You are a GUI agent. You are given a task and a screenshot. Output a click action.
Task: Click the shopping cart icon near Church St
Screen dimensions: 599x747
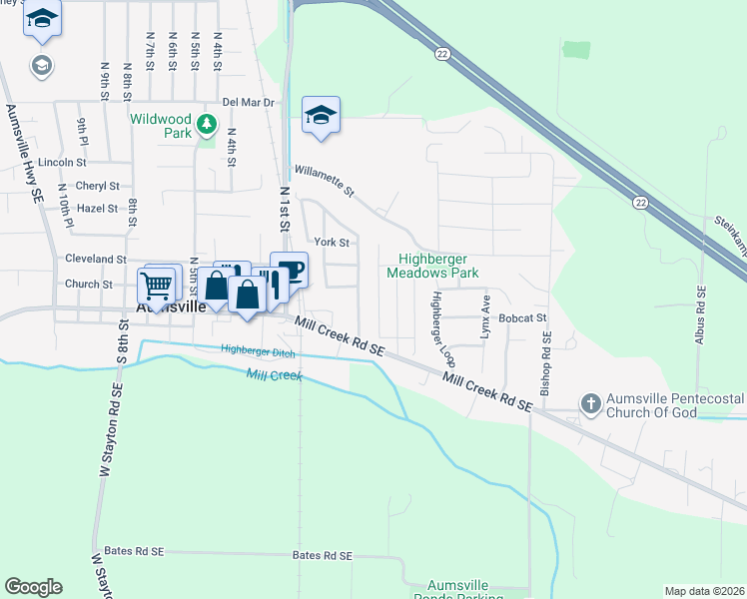[157, 286]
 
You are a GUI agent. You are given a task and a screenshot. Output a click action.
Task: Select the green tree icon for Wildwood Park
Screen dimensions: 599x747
[207, 125]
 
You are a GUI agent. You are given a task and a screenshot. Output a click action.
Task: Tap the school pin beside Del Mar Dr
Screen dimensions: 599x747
[321, 116]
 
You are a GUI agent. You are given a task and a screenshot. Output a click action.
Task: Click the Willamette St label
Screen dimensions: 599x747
[324, 181]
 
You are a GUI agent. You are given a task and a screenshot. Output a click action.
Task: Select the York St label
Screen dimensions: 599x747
[332, 242]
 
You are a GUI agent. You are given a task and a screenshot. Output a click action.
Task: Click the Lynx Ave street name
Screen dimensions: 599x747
[486, 316]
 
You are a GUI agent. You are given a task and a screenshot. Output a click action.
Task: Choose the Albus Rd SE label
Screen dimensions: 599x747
[700, 315]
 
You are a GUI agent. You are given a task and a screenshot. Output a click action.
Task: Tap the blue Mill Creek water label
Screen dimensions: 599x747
[274, 374]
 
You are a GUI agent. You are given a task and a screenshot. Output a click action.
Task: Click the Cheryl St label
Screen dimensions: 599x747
[97, 186]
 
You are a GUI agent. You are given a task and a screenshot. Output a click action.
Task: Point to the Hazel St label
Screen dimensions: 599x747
[97, 209]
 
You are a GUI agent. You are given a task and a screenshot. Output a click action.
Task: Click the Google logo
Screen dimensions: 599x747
[33, 587]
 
